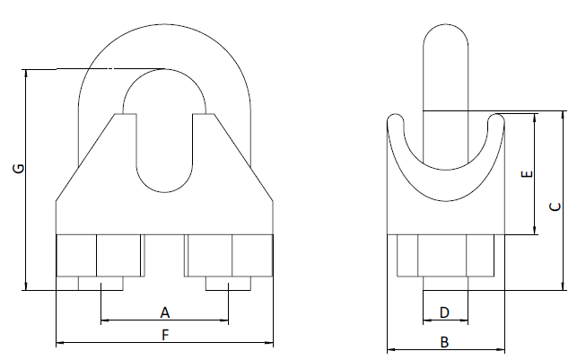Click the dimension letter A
pyautogui.click(x=165, y=312)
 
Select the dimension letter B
pyautogui.click(x=443, y=342)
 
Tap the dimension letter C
pyautogui.click(x=556, y=206)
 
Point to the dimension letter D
pyautogui.click(x=443, y=312)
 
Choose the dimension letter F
pyautogui.click(x=165, y=335)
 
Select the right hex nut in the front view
pyautogui.click(x=229, y=256)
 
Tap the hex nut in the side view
pyautogui.click(x=443, y=256)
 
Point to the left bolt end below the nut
pyautogui.click(x=101, y=284)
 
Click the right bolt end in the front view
pyautogui.click(x=228, y=284)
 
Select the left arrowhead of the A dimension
pyautogui.click(x=105, y=320)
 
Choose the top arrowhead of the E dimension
pyautogui.click(x=536, y=116)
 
